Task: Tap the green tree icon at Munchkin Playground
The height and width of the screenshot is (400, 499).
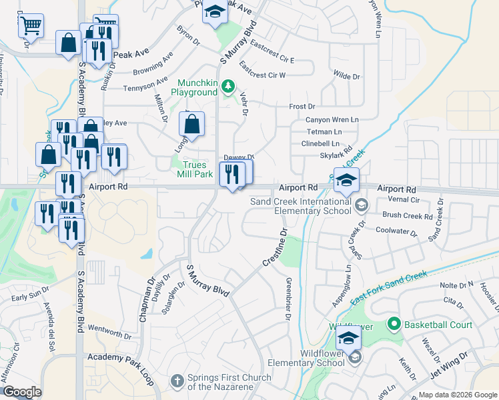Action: [228, 85]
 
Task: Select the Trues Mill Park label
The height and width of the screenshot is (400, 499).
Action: [193, 169]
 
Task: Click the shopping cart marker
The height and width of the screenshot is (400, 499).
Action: [30, 26]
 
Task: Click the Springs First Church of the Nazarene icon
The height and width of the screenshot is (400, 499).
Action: [177, 381]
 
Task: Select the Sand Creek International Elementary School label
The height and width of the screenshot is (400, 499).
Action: [300, 206]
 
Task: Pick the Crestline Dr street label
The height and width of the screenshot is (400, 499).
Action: [274, 250]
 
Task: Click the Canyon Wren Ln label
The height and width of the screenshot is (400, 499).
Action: [332, 120]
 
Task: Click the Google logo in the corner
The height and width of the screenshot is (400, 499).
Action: [21, 392]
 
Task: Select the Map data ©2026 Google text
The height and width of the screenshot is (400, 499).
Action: [458, 395]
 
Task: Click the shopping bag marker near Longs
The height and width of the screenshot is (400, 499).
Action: [191, 125]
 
